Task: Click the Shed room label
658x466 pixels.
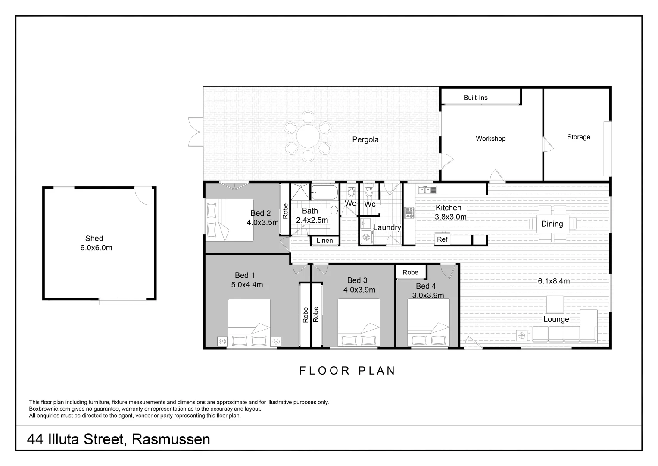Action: (94, 238)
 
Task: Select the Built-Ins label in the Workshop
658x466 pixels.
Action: (475, 98)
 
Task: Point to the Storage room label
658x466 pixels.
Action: (578, 137)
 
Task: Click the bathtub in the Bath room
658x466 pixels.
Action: (325, 193)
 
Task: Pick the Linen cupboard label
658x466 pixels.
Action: (324, 241)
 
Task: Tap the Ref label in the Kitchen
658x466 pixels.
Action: (442, 239)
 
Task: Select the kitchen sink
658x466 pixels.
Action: (426, 189)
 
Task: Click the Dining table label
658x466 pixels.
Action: (552, 224)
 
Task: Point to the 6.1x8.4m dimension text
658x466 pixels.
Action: (554, 281)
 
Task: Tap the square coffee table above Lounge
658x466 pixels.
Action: (555, 304)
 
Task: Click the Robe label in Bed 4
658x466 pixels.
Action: (410, 272)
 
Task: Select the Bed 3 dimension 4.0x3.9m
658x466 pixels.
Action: (359, 290)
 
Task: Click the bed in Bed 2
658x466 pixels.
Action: (229, 220)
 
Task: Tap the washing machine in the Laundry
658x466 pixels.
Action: (367, 236)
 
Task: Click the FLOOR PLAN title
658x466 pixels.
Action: (347, 371)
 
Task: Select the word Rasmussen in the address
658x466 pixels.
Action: (171, 439)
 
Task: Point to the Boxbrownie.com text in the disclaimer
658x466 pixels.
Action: (50, 409)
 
